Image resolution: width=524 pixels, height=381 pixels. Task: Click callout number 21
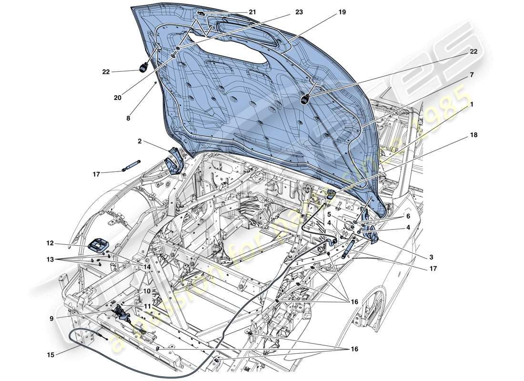(252, 11)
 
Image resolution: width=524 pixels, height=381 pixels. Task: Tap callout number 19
(342, 13)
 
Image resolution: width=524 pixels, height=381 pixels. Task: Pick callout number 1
(471, 103)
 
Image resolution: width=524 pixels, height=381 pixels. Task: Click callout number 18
(474, 135)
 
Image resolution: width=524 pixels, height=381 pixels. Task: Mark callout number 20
(118, 98)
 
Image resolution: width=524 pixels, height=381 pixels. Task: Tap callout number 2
(139, 141)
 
